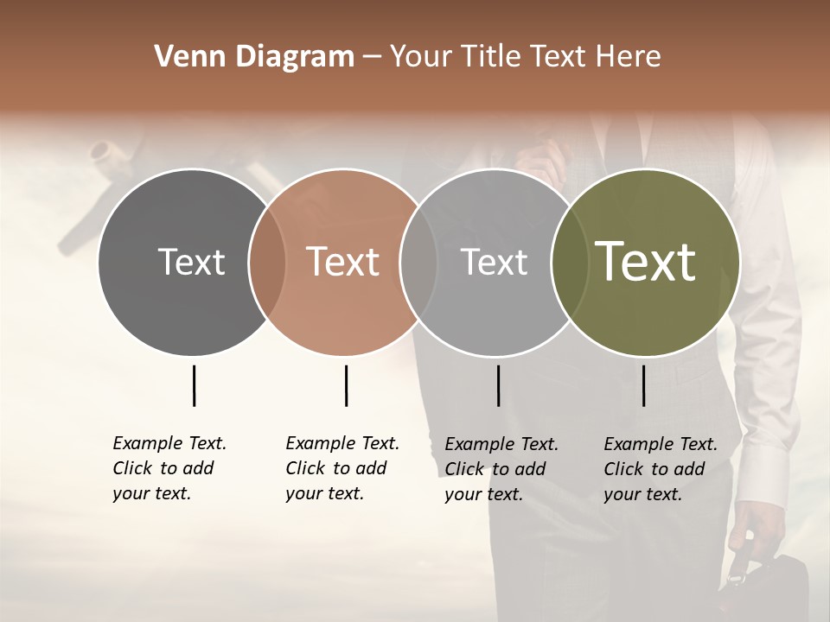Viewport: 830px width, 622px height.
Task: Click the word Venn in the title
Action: pyautogui.click(x=184, y=57)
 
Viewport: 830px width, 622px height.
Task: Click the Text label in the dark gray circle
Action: pyautogui.click(x=191, y=262)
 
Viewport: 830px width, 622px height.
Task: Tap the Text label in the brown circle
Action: pyautogui.click(x=342, y=262)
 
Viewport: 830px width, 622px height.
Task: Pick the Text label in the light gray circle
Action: pyautogui.click(x=494, y=262)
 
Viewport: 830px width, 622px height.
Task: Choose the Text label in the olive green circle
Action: pyautogui.click(x=645, y=262)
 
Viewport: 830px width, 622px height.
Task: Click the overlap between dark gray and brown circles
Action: pyautogui.click(x=267, y=263)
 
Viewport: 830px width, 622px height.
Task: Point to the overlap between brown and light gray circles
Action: pyautogui.click(x=418, y=263)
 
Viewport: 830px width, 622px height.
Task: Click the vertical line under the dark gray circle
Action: pyautogui.click(x=194, y=385)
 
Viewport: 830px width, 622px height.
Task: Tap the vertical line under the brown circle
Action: pyautogui.click(x=346, y=385)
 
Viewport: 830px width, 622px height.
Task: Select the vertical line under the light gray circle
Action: pyautogui.click(x=498, y=385)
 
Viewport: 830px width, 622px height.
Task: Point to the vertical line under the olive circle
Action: pyautogui.click(x=643, y=385)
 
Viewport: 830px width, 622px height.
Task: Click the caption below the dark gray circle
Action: pyautogui.click(x=169, y=468)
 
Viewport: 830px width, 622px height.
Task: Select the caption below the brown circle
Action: pyautogui.click(x=342, y=468)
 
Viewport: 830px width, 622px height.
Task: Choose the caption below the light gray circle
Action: pyautogui.click(x=501, y=469)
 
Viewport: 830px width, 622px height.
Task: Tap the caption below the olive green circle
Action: pyautogui.click(x=661, y=469)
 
